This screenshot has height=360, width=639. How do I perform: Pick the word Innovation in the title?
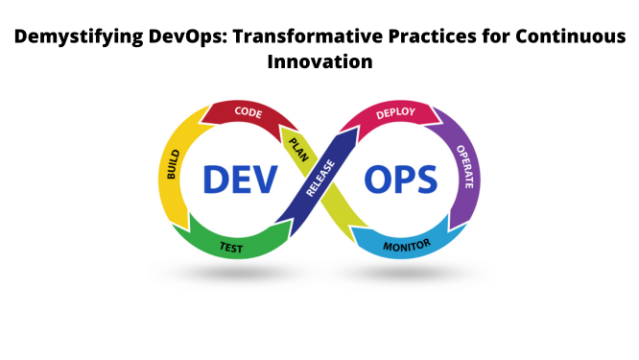click(319, 63)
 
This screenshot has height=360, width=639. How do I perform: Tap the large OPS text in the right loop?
click(398, 180)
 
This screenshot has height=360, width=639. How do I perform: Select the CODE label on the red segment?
click(248, 113)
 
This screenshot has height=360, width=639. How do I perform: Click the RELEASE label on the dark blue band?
click(319, 178)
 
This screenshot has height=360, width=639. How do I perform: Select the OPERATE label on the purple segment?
click(463, 166)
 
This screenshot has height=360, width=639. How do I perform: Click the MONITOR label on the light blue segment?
click(408, 247)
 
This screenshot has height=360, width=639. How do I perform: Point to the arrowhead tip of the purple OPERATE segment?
click(449, 223)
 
